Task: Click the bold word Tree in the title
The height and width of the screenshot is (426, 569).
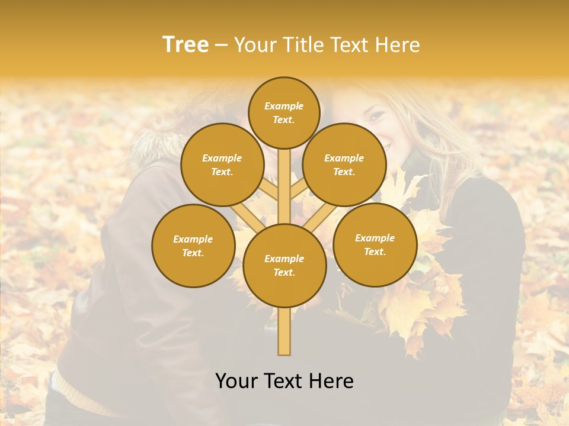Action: tap(186, 45)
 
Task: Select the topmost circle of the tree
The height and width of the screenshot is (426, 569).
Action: tap(284, 112)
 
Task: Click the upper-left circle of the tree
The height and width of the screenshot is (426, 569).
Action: tap(222, 164)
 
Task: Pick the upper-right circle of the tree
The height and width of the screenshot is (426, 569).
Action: tap(344, 164)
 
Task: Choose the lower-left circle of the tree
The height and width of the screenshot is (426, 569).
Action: tap(193, 246)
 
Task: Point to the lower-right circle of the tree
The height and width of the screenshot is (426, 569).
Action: tap(375, 244)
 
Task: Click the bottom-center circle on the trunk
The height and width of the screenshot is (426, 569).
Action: tap(284, 265)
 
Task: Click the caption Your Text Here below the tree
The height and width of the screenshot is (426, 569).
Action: tap(284, 381)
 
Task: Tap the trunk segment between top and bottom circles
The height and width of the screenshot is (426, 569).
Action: tap(284, 186)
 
